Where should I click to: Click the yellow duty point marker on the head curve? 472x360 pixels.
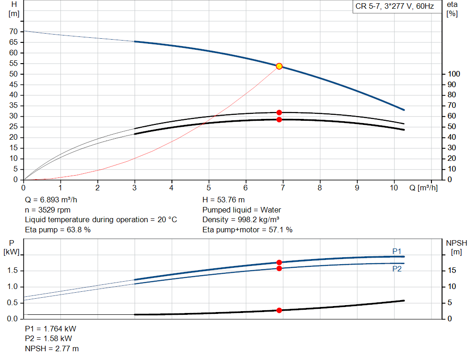click(279, 66)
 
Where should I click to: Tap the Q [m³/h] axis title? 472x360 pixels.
click(423, 188)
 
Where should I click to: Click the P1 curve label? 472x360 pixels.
click(397, 251)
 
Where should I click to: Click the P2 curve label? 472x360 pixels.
click(397, 269)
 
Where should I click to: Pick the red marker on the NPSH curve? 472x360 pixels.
click(279, 310)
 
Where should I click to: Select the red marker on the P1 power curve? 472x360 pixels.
click(279, 262)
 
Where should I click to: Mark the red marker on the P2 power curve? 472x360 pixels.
click(279, 268)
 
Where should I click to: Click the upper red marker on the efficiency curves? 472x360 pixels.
click(279, 112)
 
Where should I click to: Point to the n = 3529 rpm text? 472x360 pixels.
click(47, 210)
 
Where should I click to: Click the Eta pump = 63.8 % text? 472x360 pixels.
click(58, 229)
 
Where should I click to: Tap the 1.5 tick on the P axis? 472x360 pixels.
click(12, 271)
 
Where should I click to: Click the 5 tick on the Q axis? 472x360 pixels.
click(209, 188)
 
